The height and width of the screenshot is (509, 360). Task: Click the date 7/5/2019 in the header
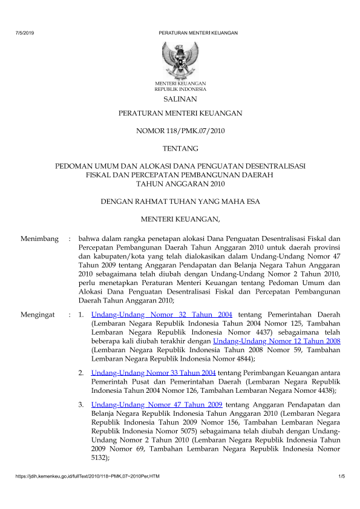point(25,33)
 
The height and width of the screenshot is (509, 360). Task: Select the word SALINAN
point(180,98)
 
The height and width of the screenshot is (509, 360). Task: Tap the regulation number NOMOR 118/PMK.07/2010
point(180,130)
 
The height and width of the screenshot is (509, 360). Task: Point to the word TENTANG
point(180,148)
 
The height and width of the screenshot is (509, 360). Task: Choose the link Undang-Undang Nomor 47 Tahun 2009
point(157,404)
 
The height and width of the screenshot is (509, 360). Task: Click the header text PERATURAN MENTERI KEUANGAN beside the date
point(198,33)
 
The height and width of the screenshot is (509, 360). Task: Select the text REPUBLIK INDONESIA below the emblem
point(180,88)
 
